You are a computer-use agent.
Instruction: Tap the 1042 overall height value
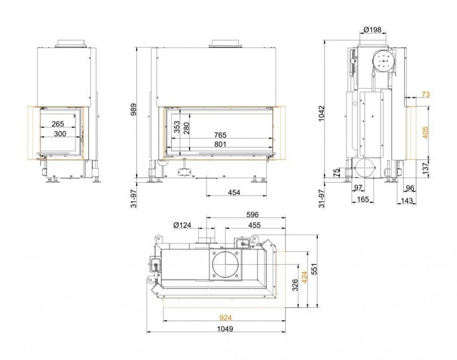click(321, 113)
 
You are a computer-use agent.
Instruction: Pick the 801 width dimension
click(220, 144)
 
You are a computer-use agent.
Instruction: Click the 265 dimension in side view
click(58, 124)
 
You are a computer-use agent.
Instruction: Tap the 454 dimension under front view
click(234, 192)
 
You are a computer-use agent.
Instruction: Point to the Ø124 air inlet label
click(182, 225)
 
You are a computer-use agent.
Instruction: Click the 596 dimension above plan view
click(253, 214)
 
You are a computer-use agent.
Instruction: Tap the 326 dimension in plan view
click(295, 286)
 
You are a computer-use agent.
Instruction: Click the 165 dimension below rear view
click(362, 199)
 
